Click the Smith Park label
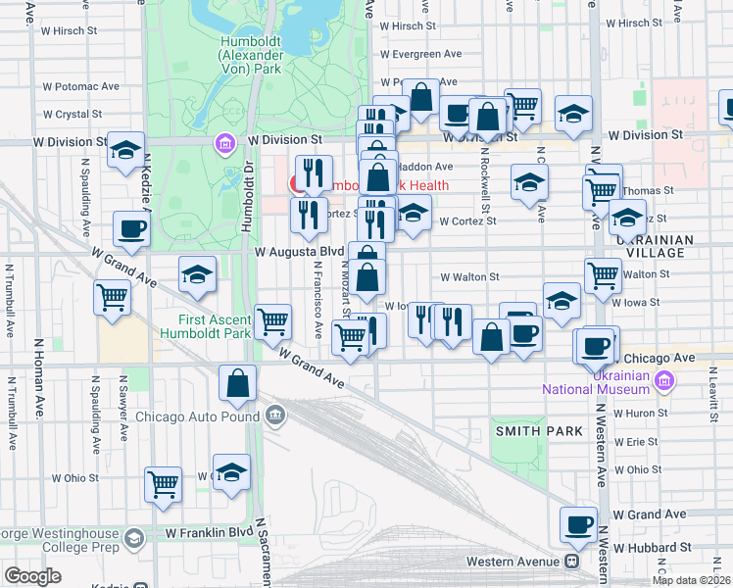coord(526,430)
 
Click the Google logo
coord(32,576)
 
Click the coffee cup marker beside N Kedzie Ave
coord(131,230)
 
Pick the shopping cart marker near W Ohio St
coord(163,484)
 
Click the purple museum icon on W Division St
coord(225,145)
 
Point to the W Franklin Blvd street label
coord(209,533)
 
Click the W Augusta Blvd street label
coord(299,251)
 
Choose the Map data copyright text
coord(691,580)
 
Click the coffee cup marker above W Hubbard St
coord(579,524)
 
